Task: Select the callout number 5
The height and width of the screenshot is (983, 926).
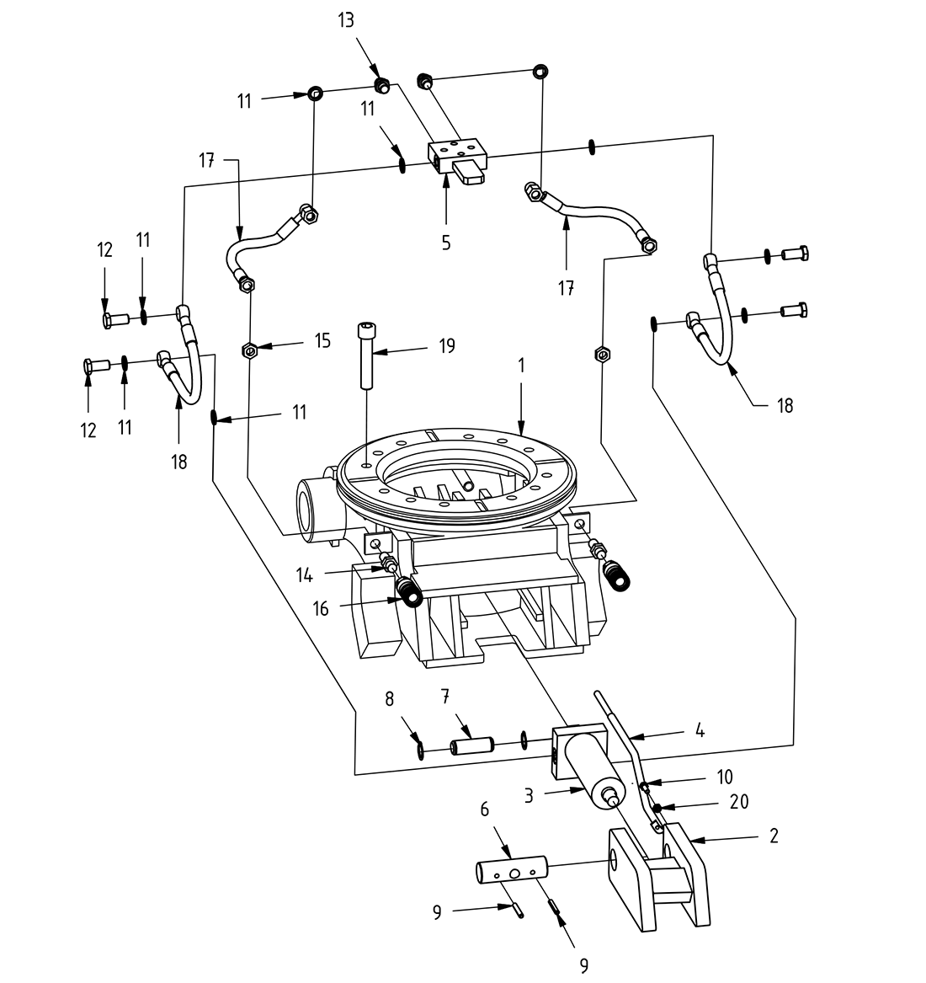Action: (x=445, y=243)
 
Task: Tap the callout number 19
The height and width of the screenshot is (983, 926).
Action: (x=446, y=345)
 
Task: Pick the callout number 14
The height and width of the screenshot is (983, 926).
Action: (x=304, y=575)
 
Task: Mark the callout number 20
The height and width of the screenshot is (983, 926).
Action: (x=739, y=802)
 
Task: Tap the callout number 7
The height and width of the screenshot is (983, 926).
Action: (x=445, y=696)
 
